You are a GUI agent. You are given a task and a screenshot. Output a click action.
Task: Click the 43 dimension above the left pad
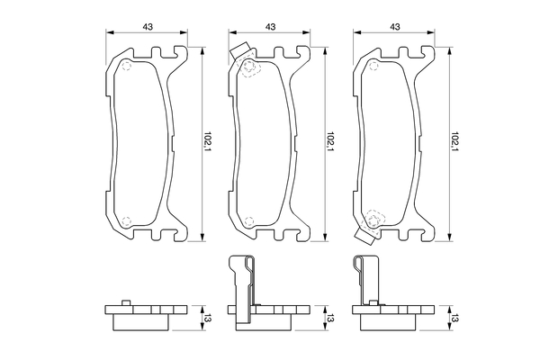(x=147, y=26)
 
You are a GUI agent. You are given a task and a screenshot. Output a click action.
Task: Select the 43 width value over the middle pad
(x=271, y=26)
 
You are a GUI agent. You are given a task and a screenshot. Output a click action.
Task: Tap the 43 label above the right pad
(x=395, y=26)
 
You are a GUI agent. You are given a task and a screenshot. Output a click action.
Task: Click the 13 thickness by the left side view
(x=206, y=317)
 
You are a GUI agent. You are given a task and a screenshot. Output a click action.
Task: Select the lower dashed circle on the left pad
(x=125, y=218)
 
